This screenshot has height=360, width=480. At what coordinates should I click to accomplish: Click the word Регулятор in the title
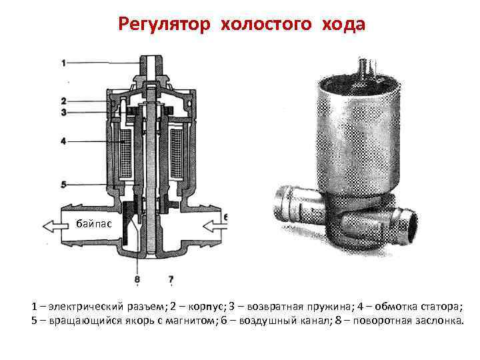click(x=164, y=24)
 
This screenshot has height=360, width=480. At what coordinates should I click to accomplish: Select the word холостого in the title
click(x=267, y=24)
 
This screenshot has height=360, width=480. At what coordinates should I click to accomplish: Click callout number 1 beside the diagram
click(x=63, y=63)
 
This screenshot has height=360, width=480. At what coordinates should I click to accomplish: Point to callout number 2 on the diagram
click(x=63, y=101)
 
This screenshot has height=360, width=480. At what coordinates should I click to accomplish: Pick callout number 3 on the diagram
click(x=63, y=113)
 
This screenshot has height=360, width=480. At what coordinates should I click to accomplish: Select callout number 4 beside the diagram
click(x=63, y=141)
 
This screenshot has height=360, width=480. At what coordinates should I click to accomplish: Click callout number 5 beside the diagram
click(x=63, y=184)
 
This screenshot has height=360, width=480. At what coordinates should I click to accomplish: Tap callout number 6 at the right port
click(x=226, y=218)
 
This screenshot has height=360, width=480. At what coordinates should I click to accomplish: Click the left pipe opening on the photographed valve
click(x=280, y=204)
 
